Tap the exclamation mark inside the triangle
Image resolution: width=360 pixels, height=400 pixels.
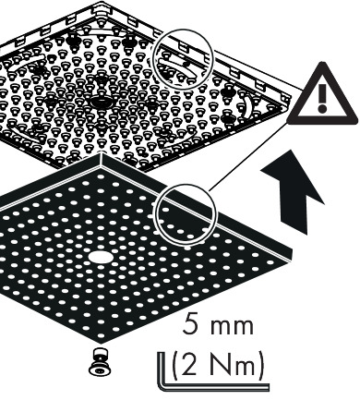pos(322,98)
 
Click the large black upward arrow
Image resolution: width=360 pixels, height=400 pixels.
pos(293,191)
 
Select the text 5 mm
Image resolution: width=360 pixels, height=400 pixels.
pos(218,324)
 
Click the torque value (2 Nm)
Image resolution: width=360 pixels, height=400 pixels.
pos(218,365)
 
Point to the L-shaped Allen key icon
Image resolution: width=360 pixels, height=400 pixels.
pos(212,372)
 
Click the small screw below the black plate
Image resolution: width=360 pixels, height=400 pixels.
pos(99,362)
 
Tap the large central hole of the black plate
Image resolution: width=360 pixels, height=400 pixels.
pos(100,257)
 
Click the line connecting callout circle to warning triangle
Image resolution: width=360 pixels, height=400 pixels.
pos(248,156)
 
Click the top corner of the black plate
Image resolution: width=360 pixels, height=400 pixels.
pos(101,153)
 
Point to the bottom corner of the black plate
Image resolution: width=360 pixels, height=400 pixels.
pos(101,343)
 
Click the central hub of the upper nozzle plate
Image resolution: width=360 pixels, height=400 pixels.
pos(102,102)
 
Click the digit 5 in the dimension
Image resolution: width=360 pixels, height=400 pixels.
pos(189,324)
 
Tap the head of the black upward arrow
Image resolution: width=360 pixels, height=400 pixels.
pos(292,176)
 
